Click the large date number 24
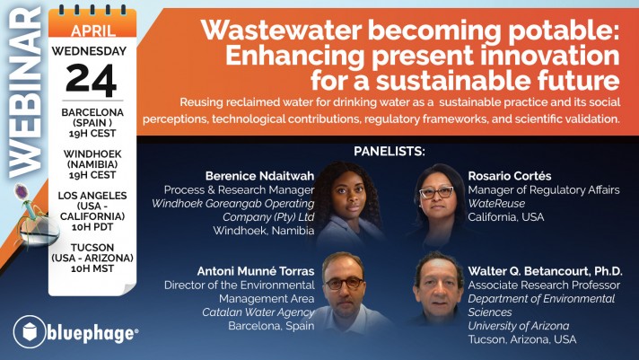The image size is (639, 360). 92,80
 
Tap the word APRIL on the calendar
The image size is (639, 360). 92,31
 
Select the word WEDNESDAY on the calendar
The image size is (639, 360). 89,51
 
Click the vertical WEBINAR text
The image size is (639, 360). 25,92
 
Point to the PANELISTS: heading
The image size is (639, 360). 390,152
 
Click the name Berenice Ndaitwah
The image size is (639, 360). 259,176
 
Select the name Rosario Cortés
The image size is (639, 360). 510,176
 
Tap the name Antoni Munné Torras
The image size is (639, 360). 256,271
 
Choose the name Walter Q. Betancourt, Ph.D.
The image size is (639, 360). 545,271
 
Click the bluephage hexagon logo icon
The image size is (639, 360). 30,332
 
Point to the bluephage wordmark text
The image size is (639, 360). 92,333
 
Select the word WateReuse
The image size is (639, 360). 496,204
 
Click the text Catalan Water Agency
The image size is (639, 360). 258,312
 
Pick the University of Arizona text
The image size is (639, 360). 519,326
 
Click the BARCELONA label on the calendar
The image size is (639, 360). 92,112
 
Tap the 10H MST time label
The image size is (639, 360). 92,268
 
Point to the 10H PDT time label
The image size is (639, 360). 92,227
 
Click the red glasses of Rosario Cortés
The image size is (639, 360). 436,192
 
